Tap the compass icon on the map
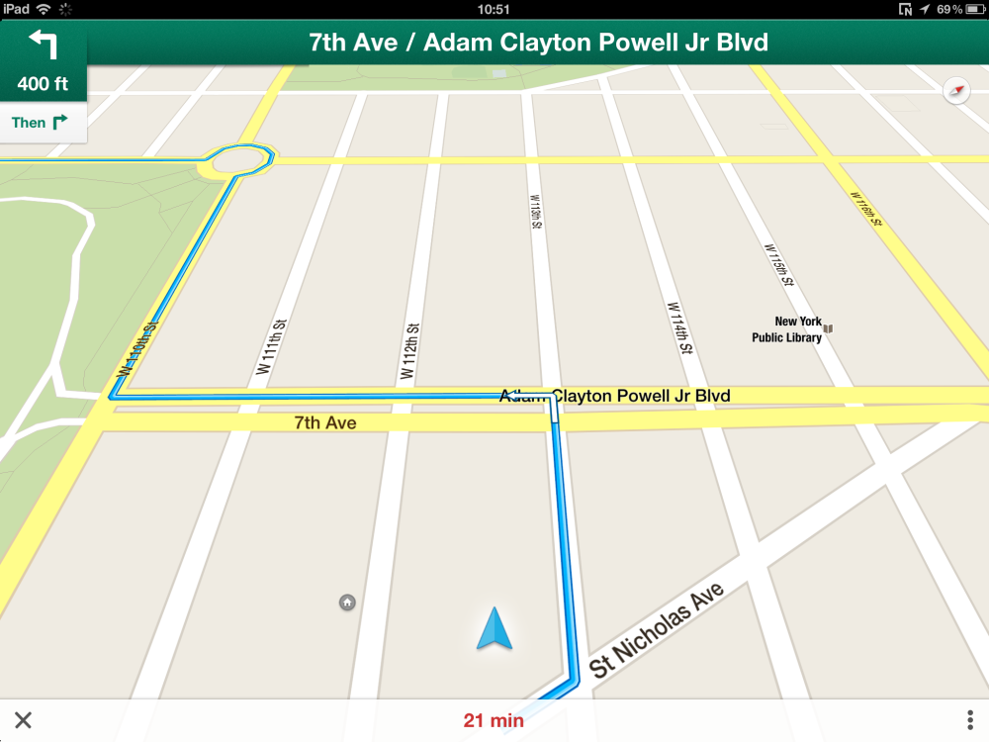(956, 91)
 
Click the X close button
(23, 720)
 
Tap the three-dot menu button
(970, 720)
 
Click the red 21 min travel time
(494, 720)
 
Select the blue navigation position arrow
(494, 629)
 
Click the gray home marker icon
(347, 602)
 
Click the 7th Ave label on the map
(324, 422)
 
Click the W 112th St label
(409, 352)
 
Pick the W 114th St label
(677, 328)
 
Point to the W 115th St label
(779, 265)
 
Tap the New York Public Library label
(786, 329)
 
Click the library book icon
(829, 327)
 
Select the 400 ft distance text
(44, 83)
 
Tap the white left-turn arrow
(43, 44)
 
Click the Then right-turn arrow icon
(59, 122)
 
